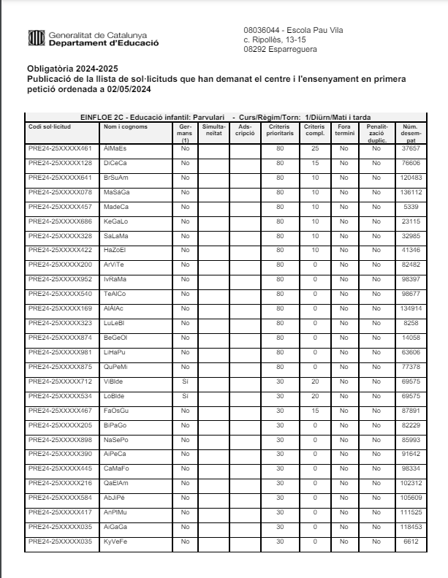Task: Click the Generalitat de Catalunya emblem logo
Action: pos(34,37)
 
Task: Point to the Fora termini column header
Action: pos(344,129)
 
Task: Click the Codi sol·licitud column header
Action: pos(50,126)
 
